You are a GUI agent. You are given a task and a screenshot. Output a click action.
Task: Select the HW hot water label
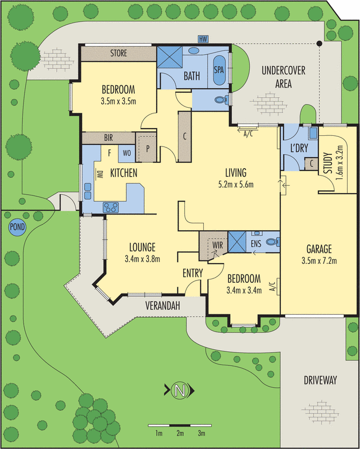point(203,39)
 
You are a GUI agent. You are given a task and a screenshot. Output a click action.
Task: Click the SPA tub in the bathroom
point(219,70)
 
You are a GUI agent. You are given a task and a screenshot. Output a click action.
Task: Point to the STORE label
point(118,54)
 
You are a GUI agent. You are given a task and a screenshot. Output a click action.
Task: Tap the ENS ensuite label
point(256,244)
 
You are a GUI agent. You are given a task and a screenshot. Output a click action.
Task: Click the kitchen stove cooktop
point(110,207)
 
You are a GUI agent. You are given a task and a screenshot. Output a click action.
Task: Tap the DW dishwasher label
point(102,174)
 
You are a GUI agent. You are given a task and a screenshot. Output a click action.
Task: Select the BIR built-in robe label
point(110,137)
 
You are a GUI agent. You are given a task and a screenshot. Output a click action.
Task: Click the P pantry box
point(148,149)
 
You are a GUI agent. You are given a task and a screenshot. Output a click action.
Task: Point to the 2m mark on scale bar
point(180,434)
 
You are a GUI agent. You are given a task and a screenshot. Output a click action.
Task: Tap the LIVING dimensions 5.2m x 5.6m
point(236,184)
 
